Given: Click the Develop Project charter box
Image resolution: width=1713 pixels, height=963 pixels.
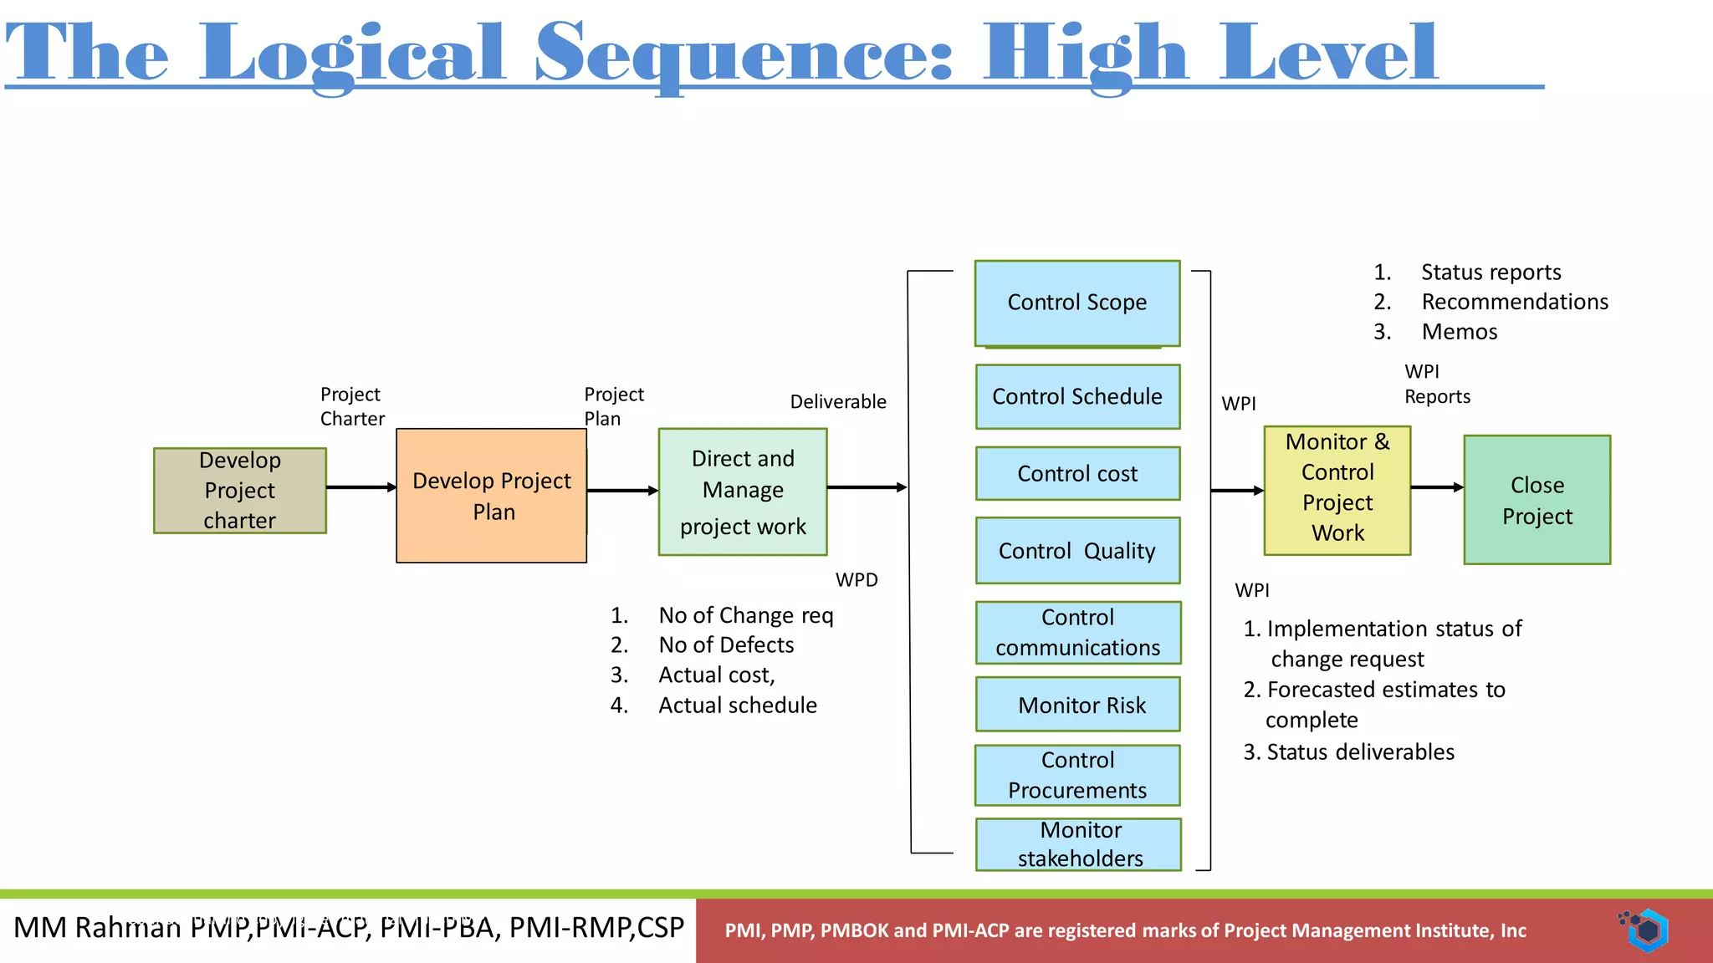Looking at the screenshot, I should (x=240, y=491).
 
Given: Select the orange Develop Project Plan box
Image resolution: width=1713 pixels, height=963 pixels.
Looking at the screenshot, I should (x=491, y=496).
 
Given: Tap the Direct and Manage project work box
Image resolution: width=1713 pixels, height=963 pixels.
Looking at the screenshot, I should (x=743, y=492).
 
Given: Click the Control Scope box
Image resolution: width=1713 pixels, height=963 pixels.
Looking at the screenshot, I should (x=1077, y=303).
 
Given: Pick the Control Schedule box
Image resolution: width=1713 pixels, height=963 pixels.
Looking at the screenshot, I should (x=1077, y=396).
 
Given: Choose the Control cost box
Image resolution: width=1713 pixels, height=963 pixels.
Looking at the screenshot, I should (x=1077, y=473).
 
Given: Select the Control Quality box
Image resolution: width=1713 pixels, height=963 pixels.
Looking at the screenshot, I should (x=1077, y=550).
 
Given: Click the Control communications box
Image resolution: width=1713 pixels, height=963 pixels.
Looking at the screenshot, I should (x=1077, y=632).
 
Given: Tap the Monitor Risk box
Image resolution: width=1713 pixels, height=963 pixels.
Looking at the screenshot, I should (x=1077, y=705).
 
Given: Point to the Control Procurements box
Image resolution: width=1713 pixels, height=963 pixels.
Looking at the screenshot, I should (x=1077, y=775).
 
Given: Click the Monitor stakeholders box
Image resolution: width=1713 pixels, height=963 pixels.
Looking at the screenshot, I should (x=1079, y=844).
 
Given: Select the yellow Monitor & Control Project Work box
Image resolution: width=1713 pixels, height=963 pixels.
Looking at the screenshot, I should (x=1337, y=491).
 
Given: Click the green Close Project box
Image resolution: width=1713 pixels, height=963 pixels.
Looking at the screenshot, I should (x=1537, y=500).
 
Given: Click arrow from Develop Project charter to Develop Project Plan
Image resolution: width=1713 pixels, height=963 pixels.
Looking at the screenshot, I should (x=360, y=487).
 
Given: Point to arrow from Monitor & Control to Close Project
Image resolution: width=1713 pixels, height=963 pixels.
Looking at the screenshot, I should (x=1436, y=487).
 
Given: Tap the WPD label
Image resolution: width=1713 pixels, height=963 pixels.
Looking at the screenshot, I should (x=856, y=580).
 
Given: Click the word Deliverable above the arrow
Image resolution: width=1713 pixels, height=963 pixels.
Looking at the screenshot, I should (x=838, y=402).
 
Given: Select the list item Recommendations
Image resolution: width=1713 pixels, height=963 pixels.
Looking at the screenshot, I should (x=1514, y=302).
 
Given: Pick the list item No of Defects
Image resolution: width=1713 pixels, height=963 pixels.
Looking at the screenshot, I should (x=726, y=645).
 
